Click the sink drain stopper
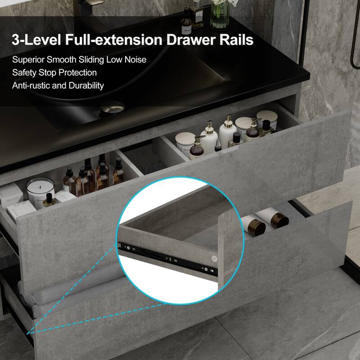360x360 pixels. [112, 108]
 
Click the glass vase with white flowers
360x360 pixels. [220, 13]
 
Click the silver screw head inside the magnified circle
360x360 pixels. [215, 259]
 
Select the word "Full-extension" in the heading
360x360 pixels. [115, 40]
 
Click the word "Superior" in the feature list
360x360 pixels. [28, 59]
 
